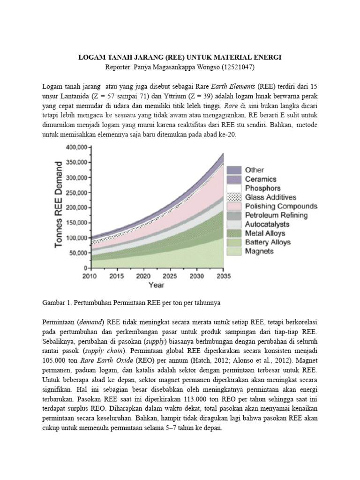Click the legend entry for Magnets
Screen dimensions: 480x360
pyautogui.click(x=259, y=251)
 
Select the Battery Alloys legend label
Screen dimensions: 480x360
pyautogui.click(x=268, y=242)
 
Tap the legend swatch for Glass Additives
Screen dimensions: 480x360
pyautogui.click(x=234, y=197)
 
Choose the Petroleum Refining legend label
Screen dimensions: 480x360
pyautogui.click(x=276, y=215)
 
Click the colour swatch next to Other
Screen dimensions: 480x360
pyautogui.click(x=234, y=170)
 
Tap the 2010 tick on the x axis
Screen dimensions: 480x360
pyautogui.click(x=90, y=276)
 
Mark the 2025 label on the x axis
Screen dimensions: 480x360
pyautogui.click(x=170, y=276)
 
